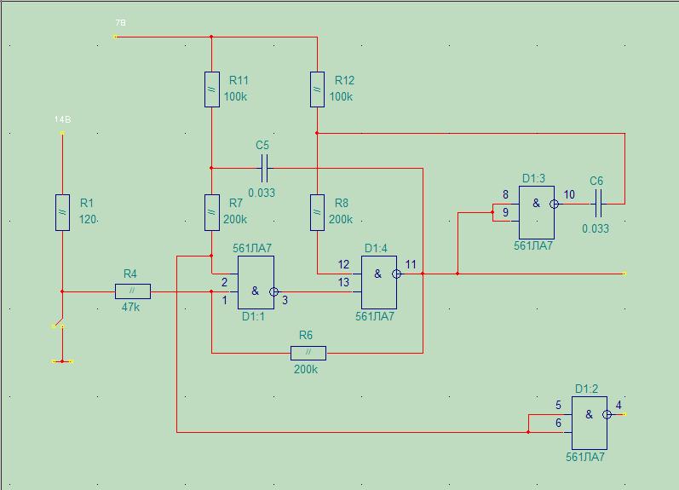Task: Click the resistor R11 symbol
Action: click(x=212, y=89)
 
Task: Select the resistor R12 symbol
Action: click(x=317, y=89)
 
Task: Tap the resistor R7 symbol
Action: click(x=212, y=212)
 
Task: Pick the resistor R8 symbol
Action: click(x=317, y=212)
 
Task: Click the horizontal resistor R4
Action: click(x=133, y=291)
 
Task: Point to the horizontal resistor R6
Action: click(x=308, y=353)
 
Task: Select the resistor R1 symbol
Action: click(x=62, y=212)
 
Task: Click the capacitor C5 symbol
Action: click(x=263, y=169)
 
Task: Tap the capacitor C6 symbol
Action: click(x=597, y=204)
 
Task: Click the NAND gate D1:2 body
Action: click(x=589, y=423)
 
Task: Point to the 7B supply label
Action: click(x=120, y=21)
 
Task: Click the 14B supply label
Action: click(x=62, y=120)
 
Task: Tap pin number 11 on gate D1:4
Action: click(x=411, y=265)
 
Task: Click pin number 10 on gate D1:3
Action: click(x=569, y=195)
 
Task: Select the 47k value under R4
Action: click(x=130, y=307)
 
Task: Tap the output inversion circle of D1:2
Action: click(x=607, y=415)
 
